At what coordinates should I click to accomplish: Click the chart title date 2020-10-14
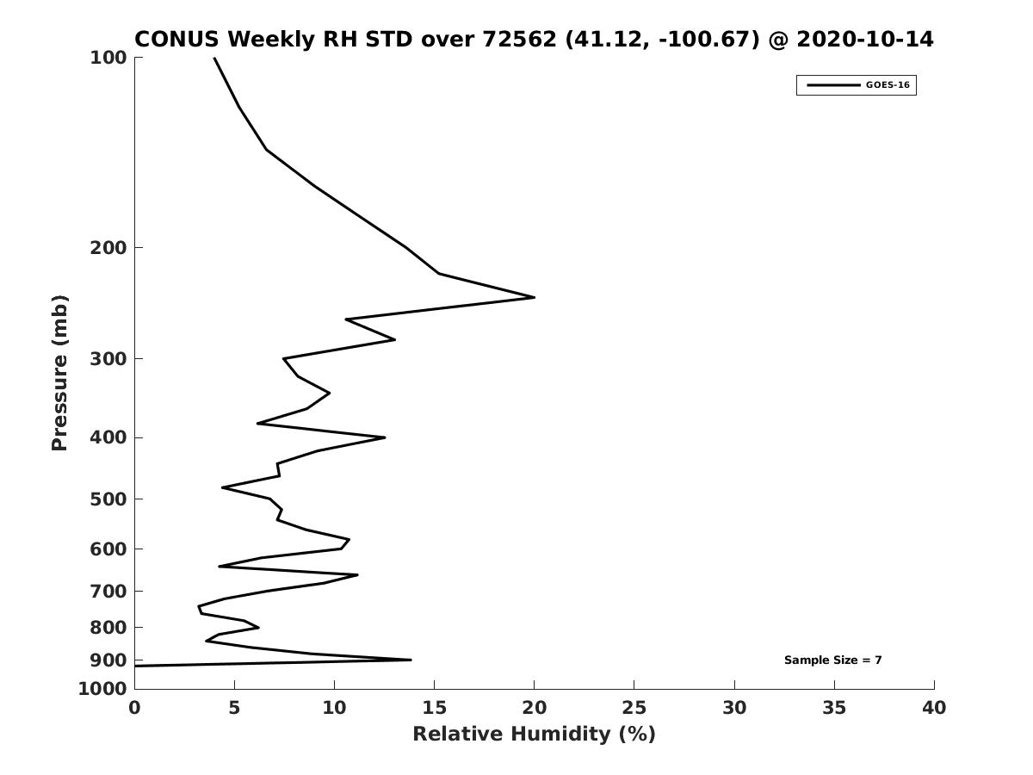tap(864, 40)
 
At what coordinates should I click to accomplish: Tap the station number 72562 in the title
tap(520, 40)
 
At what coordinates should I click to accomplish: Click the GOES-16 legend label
tap(888, 85)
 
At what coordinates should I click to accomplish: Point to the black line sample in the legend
tap(833, 85)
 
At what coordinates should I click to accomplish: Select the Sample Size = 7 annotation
tap(832, 660)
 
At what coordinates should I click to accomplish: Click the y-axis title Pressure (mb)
tap(59, 373)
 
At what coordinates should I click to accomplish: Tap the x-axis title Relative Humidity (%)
tap(535, 734)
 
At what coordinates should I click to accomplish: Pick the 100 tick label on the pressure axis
tap(108, 58)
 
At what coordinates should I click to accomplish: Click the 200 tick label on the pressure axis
tap(108, 247)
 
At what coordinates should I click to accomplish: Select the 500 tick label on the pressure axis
tap(108, 499)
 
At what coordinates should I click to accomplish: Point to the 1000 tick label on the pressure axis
tap(102, 689)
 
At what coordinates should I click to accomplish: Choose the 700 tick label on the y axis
tap(108, 591)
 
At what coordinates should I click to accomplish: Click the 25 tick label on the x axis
tap(634, 708)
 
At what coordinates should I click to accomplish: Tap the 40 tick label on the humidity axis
tap(934, 708)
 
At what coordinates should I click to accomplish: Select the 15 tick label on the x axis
tap(434, 708)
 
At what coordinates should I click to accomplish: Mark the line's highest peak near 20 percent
tap(535, 297)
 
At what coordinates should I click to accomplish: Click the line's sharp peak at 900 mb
tap(411, 660)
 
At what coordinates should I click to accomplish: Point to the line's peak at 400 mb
tap(385, 437)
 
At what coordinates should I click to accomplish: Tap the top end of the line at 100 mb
tap(214, 58)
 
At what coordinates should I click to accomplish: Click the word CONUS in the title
tap(177, 40)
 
